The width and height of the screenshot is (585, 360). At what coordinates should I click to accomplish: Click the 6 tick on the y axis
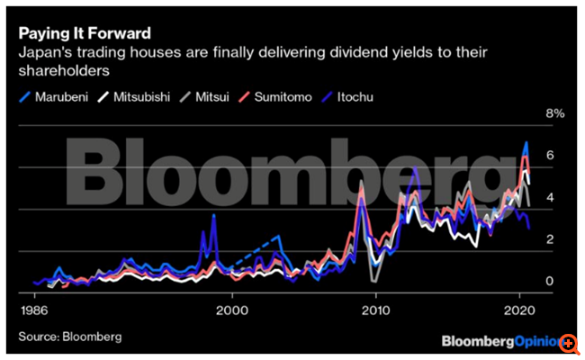(x=549, y=156)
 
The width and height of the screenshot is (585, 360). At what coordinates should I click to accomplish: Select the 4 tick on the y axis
(x=549, y=197)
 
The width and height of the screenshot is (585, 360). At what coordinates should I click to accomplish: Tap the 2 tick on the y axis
(x=549, y=239)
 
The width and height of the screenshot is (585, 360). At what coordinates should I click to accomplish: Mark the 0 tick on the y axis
(x=549, y=282)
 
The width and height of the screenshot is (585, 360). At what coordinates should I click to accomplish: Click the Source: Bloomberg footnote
(x=69, y=337)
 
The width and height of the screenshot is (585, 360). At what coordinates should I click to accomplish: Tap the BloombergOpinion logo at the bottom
(x=500, y=342)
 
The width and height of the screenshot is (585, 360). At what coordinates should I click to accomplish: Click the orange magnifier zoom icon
(x=570, y=344)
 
